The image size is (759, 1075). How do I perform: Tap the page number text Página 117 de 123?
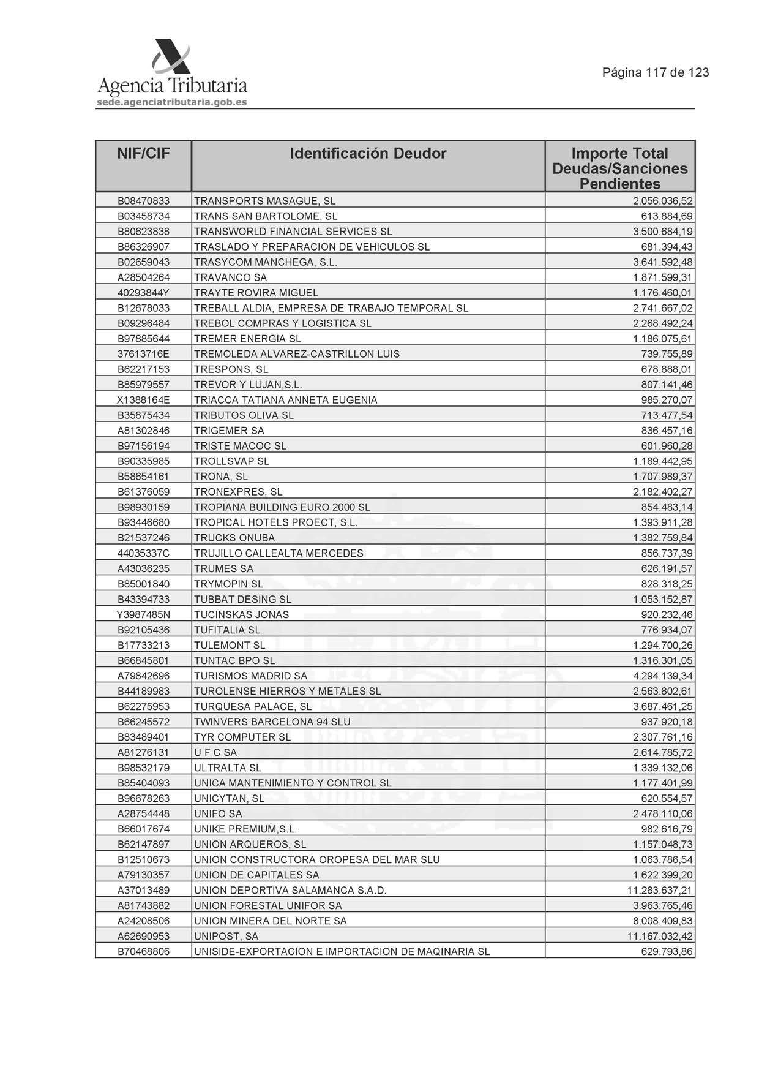tap(655, 72)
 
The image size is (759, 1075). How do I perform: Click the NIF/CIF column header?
tap(143, 154)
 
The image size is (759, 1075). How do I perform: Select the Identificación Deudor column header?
tap(368, 154)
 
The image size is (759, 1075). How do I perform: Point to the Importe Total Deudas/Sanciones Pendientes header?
tap(619, 168)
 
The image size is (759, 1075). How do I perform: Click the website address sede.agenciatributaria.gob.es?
tap(172, 102)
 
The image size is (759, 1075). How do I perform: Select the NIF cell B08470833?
tap(143, 201)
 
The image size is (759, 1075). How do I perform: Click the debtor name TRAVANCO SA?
tap(230, 277)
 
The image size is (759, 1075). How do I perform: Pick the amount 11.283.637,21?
tap(660, 890)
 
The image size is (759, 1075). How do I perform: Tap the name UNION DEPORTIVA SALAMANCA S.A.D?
tap(290, 890)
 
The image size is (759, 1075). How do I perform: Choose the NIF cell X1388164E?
tap(143, 400)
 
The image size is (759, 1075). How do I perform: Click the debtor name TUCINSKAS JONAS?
tap(241, 614)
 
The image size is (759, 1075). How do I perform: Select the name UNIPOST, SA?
tap(226, 936)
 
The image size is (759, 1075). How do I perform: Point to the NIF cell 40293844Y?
tap(143, 293)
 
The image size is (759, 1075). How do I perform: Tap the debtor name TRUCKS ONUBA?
tap(234, 538)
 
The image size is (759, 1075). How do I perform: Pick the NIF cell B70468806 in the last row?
tap(143, 951)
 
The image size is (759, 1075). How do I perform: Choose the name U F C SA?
tap(215, 752)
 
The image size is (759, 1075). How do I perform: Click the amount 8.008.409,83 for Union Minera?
tap(662, 921)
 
